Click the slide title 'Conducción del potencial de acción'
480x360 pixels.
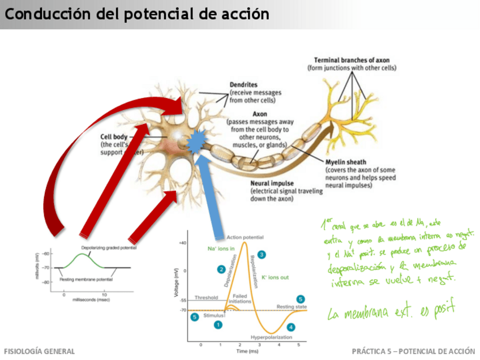pos(136,14)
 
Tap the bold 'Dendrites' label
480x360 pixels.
pos(244,85)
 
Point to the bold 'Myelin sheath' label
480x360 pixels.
pos(346,162)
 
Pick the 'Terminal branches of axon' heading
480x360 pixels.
pos(352,60)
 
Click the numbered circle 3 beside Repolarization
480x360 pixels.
pos(261,255)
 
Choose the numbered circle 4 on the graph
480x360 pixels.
pos(290,327)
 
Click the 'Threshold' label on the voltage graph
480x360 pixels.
pos(206,297)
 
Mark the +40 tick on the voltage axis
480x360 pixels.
pos(182,242)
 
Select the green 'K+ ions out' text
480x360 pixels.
pos(276,277)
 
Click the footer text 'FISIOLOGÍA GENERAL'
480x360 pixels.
pos(39,352)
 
